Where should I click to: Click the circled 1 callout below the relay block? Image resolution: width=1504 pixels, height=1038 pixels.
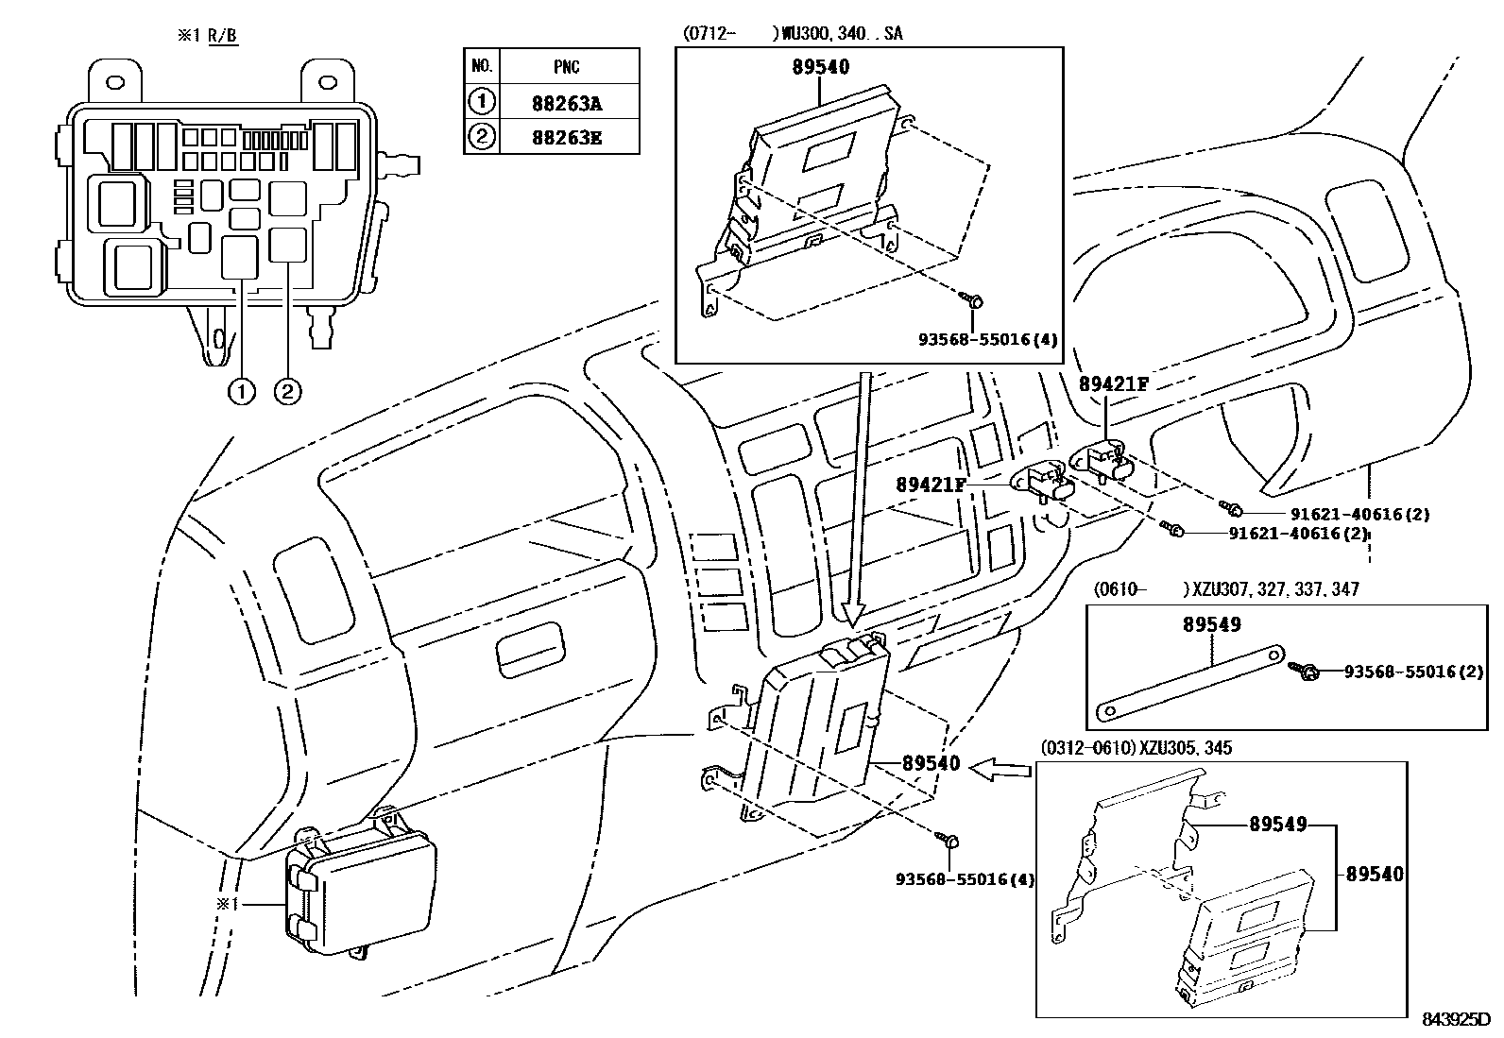tap(242, 390)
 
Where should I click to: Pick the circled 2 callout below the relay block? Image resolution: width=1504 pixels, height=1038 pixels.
tap(287, 390)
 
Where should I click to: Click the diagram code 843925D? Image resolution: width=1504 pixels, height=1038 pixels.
tap(1455, 1019)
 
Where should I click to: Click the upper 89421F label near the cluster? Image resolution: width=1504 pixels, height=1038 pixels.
tap(1114, 383)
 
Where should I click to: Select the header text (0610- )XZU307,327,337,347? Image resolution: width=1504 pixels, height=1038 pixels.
tap(1226, 589)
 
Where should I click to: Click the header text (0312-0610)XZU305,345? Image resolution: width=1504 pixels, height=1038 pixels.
tap(1136, 748)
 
